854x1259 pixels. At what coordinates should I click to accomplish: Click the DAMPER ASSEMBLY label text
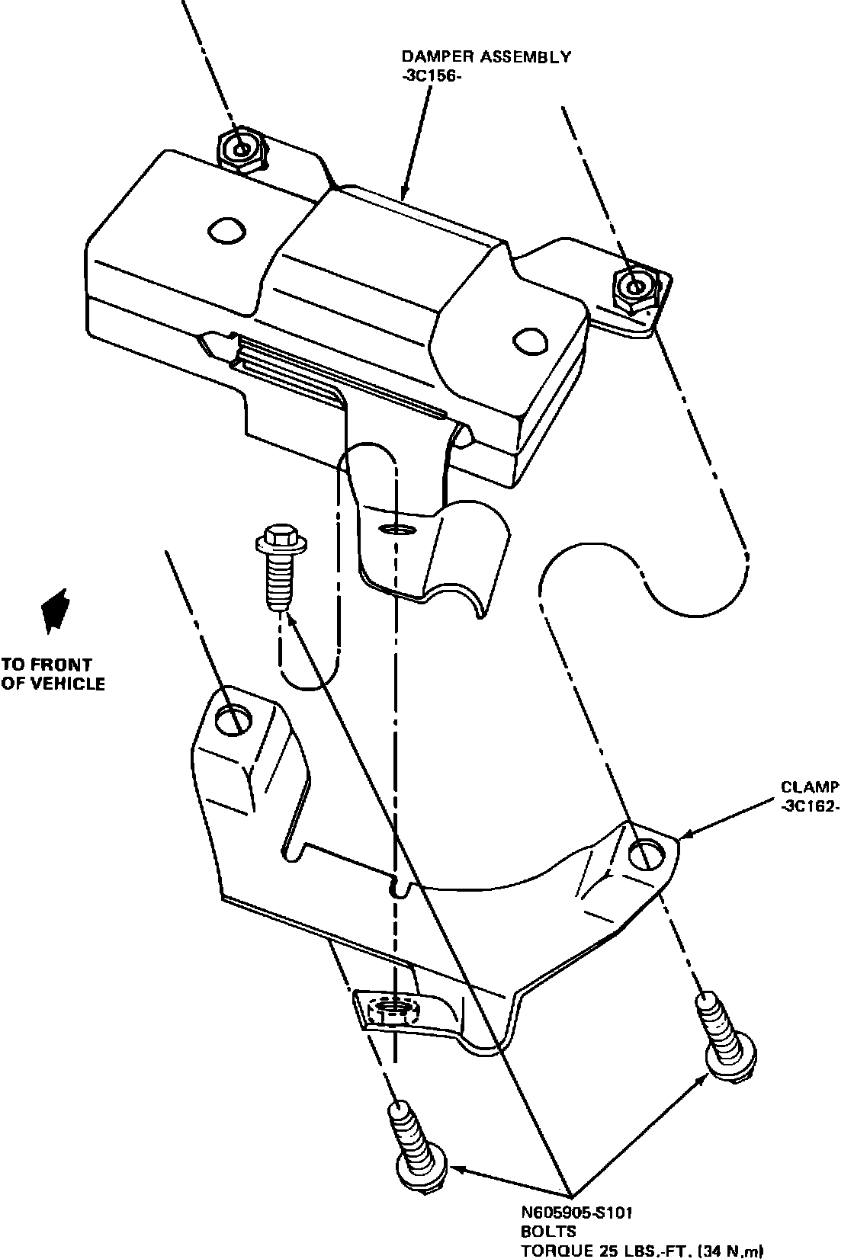tap(486, 57)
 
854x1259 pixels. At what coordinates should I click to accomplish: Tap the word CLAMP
tap(809, 787)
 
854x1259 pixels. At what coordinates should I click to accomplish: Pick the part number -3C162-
tap(809, 807)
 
